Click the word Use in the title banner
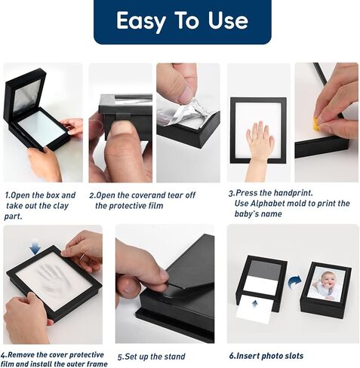228,20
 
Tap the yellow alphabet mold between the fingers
315,124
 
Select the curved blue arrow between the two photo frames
294,281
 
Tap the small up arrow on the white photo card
255,304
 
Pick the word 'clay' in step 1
61,206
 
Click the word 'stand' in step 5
174,357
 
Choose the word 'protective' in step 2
130,206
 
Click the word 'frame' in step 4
97,363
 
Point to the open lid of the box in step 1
25,93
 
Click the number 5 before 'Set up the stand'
121,357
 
